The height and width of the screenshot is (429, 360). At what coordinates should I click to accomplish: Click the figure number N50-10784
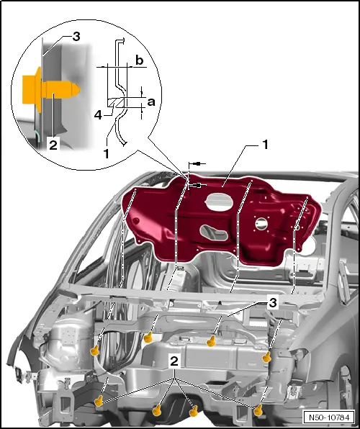pos(329,417)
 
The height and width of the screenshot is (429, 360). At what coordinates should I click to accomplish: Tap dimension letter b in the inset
pos(140,60)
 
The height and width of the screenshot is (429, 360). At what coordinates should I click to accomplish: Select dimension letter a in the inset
pos(151,102)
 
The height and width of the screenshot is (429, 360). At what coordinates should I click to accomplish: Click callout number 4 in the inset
pos(98,115)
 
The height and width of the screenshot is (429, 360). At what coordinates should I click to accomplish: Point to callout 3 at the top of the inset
pos(76,37)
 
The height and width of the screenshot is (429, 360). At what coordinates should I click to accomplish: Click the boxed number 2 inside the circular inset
pos(53,144)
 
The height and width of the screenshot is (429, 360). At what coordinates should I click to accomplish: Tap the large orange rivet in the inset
pos(51,90)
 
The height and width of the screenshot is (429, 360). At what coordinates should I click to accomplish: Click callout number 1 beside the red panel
pos(265,145)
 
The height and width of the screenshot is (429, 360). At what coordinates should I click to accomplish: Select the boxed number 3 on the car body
pos(273,303)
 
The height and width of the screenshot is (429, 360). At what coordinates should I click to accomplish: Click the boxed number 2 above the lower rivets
pos(174,361)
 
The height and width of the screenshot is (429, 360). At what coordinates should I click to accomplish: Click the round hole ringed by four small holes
pos(261,224)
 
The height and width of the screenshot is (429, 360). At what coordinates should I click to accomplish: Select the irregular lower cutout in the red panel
pos(214,232)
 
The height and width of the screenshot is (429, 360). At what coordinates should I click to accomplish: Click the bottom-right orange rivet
pos(258,411)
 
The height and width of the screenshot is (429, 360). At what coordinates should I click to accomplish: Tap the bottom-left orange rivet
pos(99,401)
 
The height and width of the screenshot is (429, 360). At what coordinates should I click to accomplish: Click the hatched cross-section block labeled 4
pos(116,103)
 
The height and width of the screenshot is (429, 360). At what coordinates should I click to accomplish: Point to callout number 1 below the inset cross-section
pos(107,153)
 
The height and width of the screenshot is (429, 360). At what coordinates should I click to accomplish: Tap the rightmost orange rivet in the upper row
pos(266,357)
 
